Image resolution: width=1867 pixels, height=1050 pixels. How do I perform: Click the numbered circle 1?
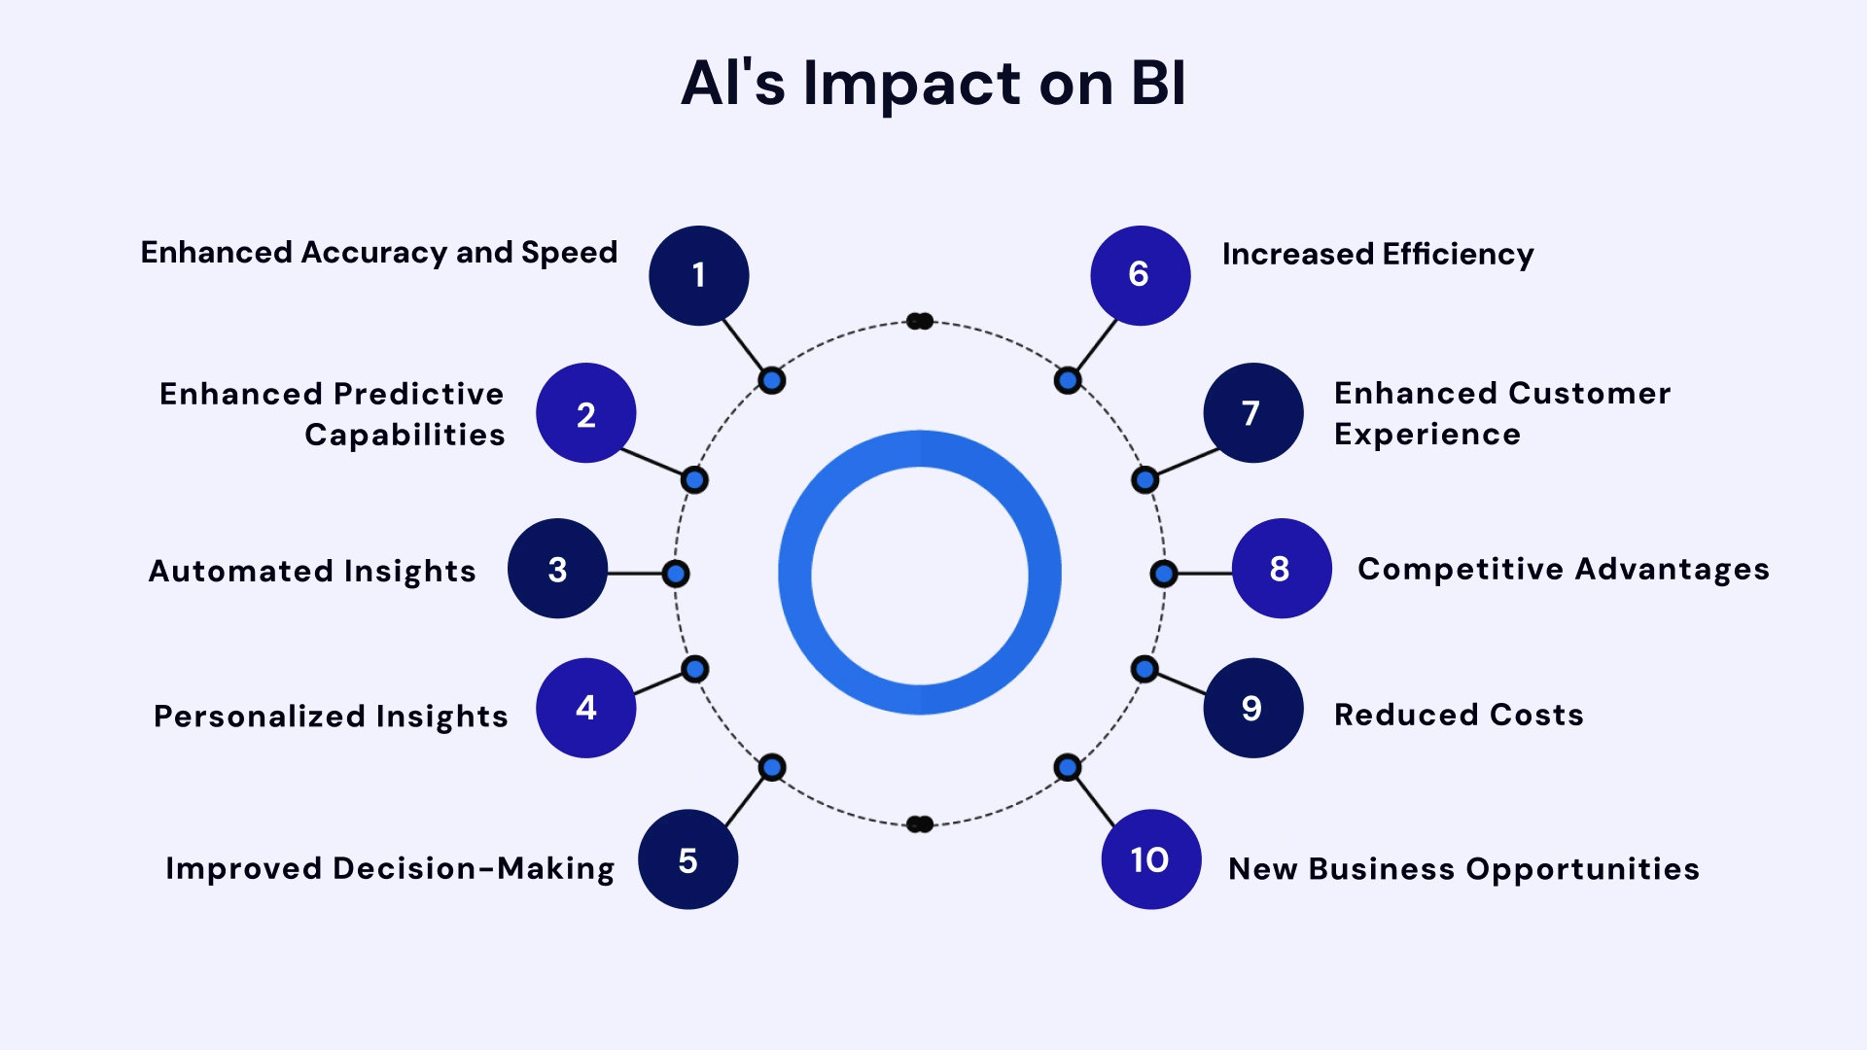pos(698,275)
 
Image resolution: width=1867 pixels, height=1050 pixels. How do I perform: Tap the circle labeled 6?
pos(1140,275)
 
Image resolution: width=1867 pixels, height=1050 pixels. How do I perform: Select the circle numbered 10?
pos(1150,859)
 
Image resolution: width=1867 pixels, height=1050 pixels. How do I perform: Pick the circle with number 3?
pos(557,569)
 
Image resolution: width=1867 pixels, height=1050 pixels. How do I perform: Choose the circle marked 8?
pos(1281,569)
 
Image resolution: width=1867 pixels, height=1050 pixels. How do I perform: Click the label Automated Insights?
pos(312,571)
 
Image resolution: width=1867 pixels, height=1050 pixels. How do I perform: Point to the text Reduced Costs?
pos(1459,715)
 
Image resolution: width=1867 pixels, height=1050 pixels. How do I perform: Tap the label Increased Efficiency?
pos(1378,255)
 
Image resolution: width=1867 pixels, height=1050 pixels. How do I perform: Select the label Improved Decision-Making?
pos(390,868)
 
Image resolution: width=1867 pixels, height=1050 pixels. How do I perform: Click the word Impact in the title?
pos(912,84)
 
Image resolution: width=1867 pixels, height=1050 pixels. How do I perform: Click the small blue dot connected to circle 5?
pos(772,768)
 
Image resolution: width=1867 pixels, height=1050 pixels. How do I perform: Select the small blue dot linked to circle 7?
pos(1145,479)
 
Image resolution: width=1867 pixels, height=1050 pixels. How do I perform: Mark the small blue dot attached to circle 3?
pos(676,574)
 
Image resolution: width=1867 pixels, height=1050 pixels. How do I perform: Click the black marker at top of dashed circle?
pos(920,321)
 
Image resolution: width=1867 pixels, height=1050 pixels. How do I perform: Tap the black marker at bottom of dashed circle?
pos(920,824)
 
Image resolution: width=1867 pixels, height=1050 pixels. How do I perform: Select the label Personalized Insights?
pos(331,717)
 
